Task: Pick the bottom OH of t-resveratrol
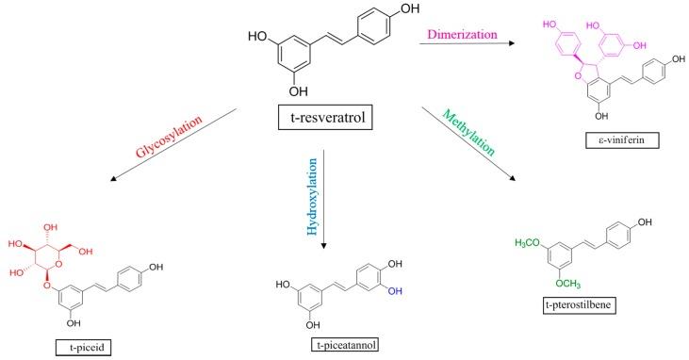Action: click(x=299, y=91)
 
